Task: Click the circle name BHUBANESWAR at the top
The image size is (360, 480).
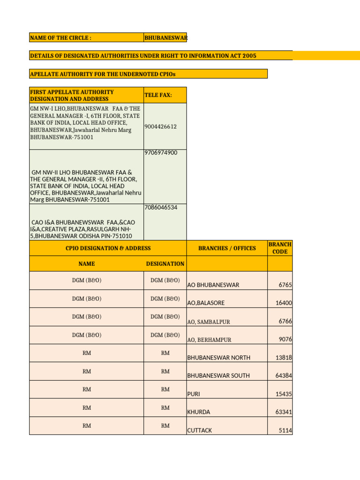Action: click(165, 37)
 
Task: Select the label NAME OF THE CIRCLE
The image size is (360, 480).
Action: click(60, 37)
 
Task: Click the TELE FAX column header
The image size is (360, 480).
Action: click(158, 95)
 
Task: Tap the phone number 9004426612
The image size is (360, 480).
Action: click(161, 127)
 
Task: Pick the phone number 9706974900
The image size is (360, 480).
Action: click(161, 153)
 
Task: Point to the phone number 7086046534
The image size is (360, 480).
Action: click(161, 207)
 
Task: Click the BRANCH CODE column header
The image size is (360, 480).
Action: click(280, 248)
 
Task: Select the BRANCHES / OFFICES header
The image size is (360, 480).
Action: click(227, 248)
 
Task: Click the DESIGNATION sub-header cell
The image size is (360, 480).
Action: click(165, 264)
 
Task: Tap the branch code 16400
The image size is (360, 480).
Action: click(284, 303)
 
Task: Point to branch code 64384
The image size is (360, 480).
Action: click(284, 376)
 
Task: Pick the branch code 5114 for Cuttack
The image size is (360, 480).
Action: click(285, 430)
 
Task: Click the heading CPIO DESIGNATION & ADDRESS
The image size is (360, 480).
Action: click(108, 248)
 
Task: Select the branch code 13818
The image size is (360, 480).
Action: click(284, 358)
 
